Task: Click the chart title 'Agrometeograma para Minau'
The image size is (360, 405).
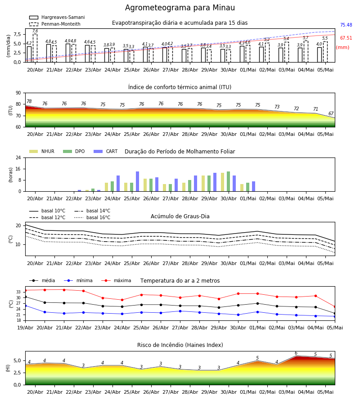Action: pos(180,8)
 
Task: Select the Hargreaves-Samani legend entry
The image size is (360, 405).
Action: pos(57,17)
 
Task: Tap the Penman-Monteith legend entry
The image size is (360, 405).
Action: pos(55,24)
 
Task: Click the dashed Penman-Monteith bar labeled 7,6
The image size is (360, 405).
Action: pos(35,48)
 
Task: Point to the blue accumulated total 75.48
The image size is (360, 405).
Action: pos(346,25)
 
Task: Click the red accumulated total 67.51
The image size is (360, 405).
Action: pos(346,38)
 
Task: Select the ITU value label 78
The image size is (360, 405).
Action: pos(29,102)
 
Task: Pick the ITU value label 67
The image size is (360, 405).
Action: pos(331,113)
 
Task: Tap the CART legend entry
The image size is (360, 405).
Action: pos(106,151)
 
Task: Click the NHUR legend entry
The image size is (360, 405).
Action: pos(42,151)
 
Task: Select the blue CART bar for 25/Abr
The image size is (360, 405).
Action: pos(137,181)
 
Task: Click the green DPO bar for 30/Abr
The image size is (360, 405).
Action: pos(228,181)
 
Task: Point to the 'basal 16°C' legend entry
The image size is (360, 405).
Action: pos(92,217)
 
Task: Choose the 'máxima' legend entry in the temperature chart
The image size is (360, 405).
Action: pos(116,280)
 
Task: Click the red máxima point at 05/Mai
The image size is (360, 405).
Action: pos(335,307)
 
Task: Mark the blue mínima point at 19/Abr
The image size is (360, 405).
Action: pos(25,306)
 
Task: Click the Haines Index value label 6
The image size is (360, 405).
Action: pos(296,353)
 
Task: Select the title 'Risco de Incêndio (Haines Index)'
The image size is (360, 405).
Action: pos(180,345)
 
